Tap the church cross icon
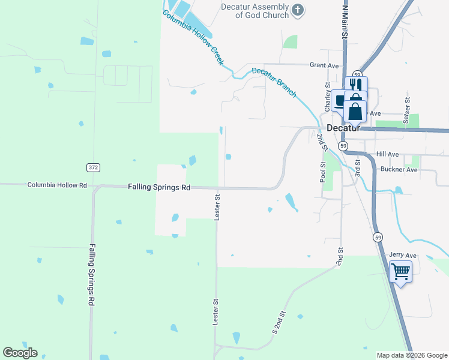(298, 10)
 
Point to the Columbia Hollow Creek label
(193, 37)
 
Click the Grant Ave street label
(324, 65)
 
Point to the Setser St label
(407, 111)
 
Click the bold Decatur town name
(343, 128)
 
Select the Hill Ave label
(387, 154)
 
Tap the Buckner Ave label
(399, 169)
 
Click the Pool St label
(323, 172)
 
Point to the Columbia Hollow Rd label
(57, 185)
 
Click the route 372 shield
(92, 167)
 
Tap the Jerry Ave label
(402, 255)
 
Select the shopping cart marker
(400, 272)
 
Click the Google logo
(20, 353)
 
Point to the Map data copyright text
(411, 355)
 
